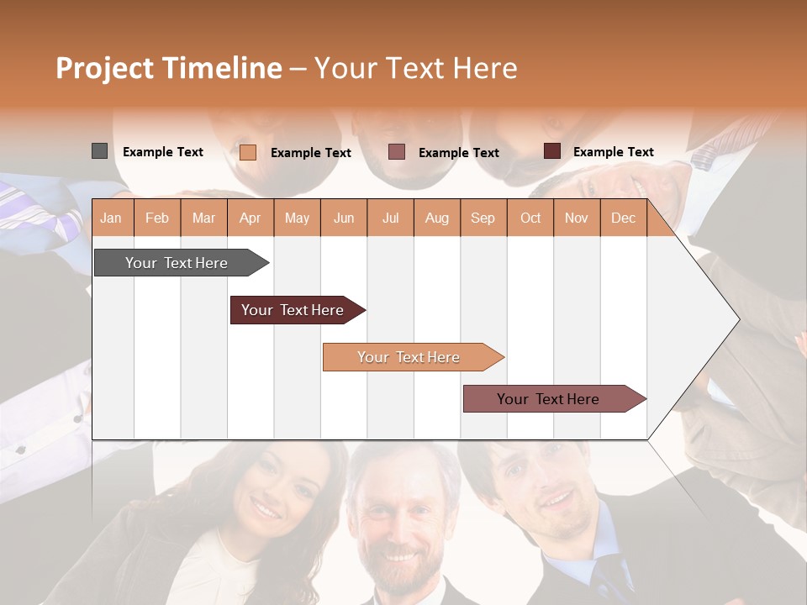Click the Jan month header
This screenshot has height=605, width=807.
pyautogui.click(x=111, y=218)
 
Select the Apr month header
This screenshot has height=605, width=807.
pyautogui.click(x=250, y=218)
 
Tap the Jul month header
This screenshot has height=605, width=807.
pyautogui.click(x=390, y=218)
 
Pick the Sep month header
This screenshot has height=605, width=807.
pyautogui.click(x=483, y=218)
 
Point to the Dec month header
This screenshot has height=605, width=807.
pyautogui.click(x=623, y=218)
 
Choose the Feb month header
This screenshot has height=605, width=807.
pyautogui.click(x=157, y=218)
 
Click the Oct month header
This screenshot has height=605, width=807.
pyautogui.click(x=530, y=218)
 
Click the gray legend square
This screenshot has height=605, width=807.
pyautogui.click(x=99, y=151)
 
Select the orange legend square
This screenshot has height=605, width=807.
pyautogui.click(x=247, y=152)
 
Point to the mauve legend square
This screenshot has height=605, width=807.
pyautogui.click(x=397, y=152)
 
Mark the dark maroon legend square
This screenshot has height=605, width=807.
pyautogui.click(x=551, y=151)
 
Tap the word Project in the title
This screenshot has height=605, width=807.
pyautogui.click(x=104, y=68)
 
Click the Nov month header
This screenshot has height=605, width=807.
pyautogui.click(x=577, y=218)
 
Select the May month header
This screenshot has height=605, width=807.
pyautogui.click(x=297, y=218)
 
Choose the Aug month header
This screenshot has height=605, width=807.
pyautogui.click(x=436, y=218)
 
